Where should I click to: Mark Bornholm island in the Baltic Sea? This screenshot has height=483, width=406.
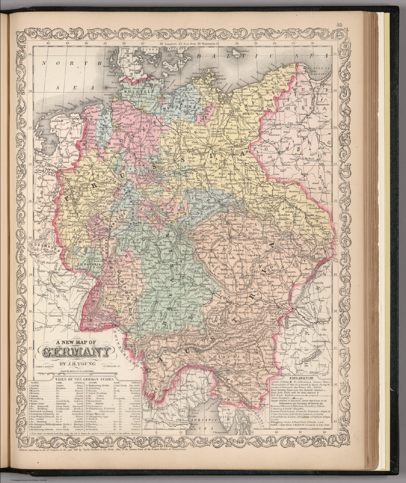237,51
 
